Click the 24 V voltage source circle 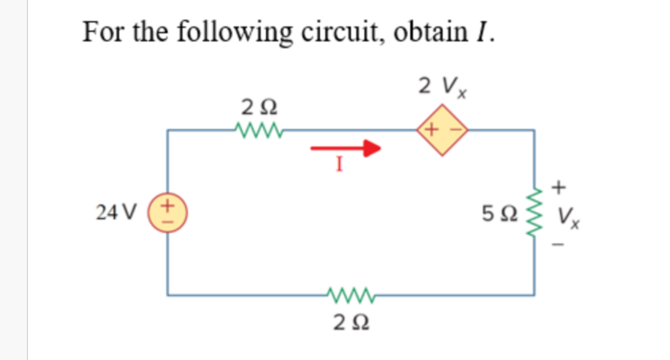point(168,213)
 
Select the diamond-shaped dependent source point(442,130)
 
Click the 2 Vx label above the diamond point(442,86)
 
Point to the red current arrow point(346,148)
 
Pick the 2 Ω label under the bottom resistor point(351,322)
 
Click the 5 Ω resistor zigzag point(534,213)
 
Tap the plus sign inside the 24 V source point(168,206)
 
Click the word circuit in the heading point(341,32)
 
